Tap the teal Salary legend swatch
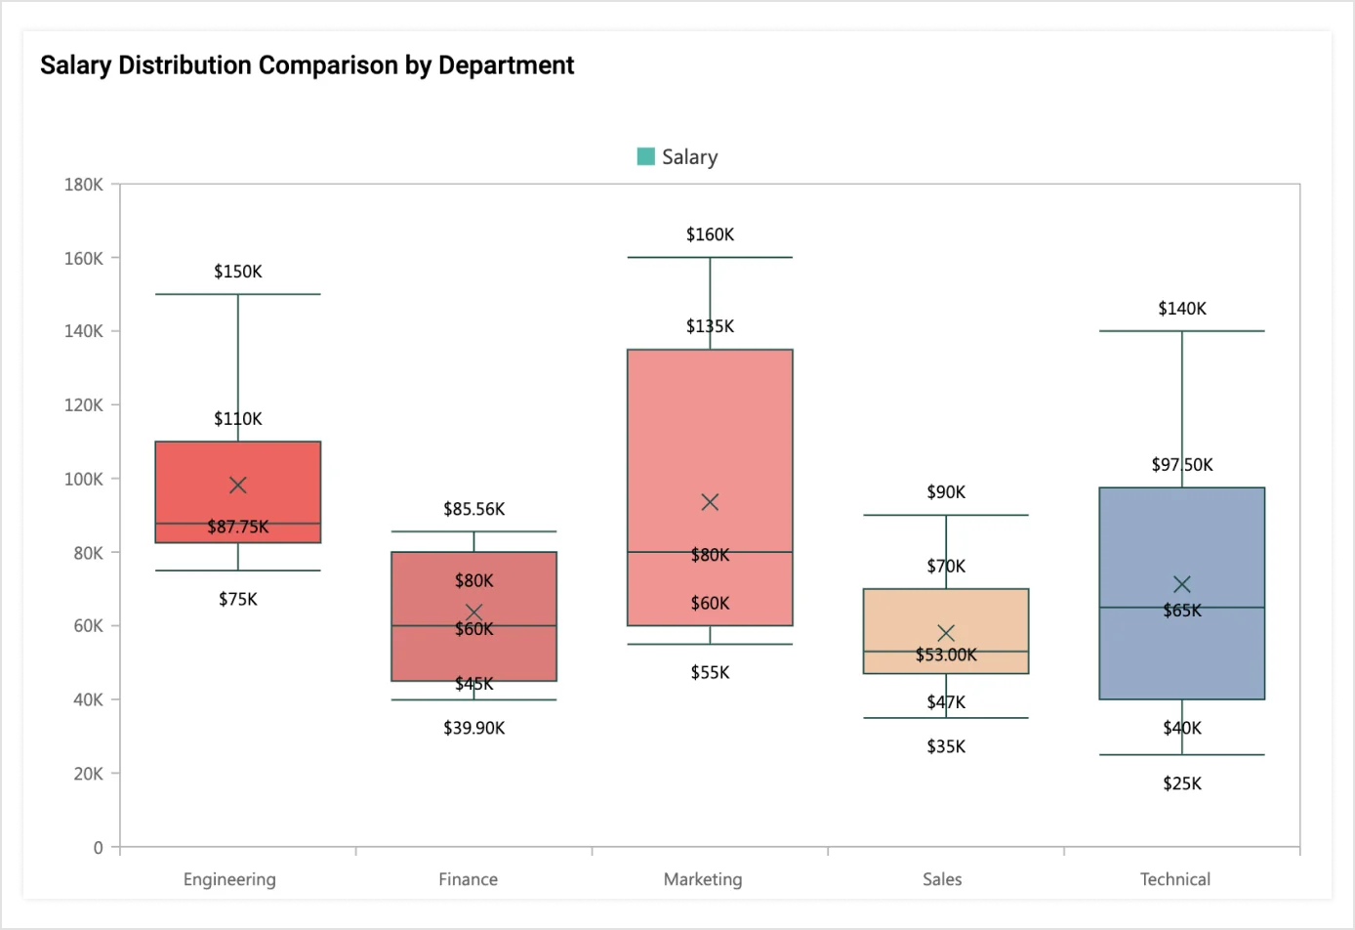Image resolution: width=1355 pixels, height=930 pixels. pyautogui.click(x=645, y=156)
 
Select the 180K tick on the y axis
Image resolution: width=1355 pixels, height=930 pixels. pyautogui.click(x=84, y=185)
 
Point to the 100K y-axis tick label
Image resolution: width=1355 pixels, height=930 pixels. pyautogui.click(x=84, y=479)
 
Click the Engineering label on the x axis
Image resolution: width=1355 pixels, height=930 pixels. pyautogui.click(x=229, y=879)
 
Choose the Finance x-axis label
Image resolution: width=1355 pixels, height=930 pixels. pyautogui.click(x=468, y=879)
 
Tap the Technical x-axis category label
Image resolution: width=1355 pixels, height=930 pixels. pyautogui.click(x=1174, y=879)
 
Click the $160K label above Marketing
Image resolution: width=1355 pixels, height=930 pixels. pyautogui.click(x=710, y=234)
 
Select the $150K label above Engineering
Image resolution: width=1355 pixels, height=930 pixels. pyautogui.click(x=238, y=272)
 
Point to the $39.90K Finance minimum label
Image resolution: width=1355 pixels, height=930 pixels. pyautogui.click(x=473, y=728)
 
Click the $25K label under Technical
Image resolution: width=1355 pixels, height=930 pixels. pyautogui.click(x=1181, y=783)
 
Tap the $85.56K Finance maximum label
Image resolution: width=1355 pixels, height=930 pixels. pyautogui.click(x=473, y=509)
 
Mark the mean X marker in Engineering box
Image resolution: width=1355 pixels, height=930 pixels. pyautogui.click(x=238, y=485)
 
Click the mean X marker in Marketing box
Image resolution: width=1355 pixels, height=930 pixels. pyautogui.click(x=710, y=502)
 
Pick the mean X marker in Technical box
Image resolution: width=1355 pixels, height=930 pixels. pyautogui.click(x=1181, y=584)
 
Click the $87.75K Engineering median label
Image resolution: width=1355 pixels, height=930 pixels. pyautogui.click(x=238, y=527)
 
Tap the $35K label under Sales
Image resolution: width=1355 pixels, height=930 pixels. pyautogui.click(x=946, y=746)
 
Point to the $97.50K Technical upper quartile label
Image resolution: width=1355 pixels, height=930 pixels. pyautogui.click(x=1181, y=465)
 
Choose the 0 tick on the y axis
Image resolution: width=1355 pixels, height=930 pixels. pyautogui.click(x=98, y=847)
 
